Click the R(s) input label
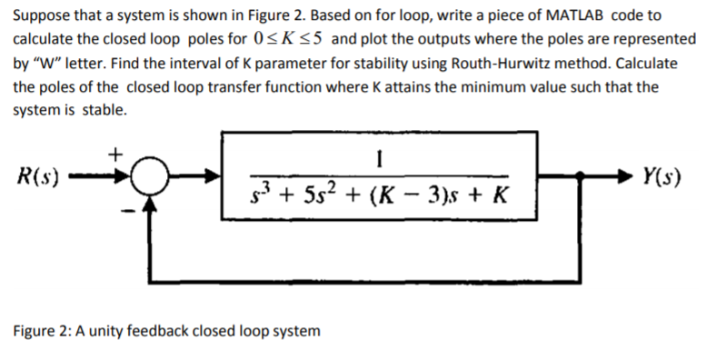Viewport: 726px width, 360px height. point(39,176)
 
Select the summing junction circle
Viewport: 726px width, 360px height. point(150,176)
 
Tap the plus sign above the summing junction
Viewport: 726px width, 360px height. point(115,154)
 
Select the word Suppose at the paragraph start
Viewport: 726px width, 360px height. point(41,15)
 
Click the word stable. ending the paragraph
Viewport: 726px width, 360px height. point(105,111)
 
